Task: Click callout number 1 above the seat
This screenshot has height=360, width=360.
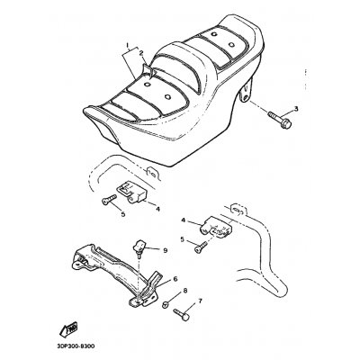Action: click(128, 45)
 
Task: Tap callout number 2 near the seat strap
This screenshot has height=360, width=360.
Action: click(140, 53)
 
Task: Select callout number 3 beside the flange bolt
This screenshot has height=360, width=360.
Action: click(296, 109)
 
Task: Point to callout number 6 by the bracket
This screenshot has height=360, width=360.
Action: click(175, 279)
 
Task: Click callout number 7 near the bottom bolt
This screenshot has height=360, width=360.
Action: click(200, 301)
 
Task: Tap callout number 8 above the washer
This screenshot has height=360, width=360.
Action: click(184, 291)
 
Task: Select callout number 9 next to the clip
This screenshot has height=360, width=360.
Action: click(165, 250)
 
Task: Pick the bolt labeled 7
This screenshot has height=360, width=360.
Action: click(182, 314)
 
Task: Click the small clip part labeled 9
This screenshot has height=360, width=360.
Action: click(139, 247)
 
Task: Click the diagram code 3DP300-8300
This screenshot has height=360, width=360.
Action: click(75, 346)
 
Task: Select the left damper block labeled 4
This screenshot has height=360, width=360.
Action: click(131, 193)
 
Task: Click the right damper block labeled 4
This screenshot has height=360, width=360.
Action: click(216, 227)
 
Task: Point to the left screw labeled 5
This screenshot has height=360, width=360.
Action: click(109, 200)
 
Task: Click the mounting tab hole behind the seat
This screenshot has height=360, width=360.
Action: click(245, 97)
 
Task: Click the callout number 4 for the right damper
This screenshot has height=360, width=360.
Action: click(183, 220)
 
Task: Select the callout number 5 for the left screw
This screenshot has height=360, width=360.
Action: click(123, 214)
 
